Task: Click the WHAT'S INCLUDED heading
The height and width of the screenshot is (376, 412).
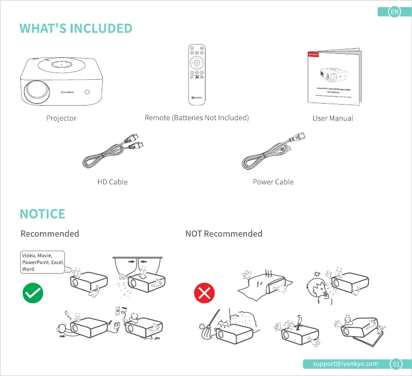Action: click(76, 28)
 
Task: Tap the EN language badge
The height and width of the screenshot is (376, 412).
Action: click(395, 12)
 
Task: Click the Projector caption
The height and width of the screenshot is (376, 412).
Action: click(61, 118)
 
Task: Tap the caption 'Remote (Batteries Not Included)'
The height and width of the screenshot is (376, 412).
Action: click(197, 118)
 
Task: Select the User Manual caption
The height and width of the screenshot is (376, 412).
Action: click(333, 118)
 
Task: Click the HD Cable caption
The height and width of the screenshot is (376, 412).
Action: click(112, 182)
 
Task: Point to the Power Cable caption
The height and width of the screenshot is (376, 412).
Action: click(273, 182)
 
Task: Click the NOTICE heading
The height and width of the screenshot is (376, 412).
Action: click(43, 214)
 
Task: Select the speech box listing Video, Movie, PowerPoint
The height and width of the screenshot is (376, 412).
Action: click(43, 262)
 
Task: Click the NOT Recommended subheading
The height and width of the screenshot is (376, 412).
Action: click(224, 234)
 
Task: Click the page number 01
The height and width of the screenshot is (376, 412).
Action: click(396, 364)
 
